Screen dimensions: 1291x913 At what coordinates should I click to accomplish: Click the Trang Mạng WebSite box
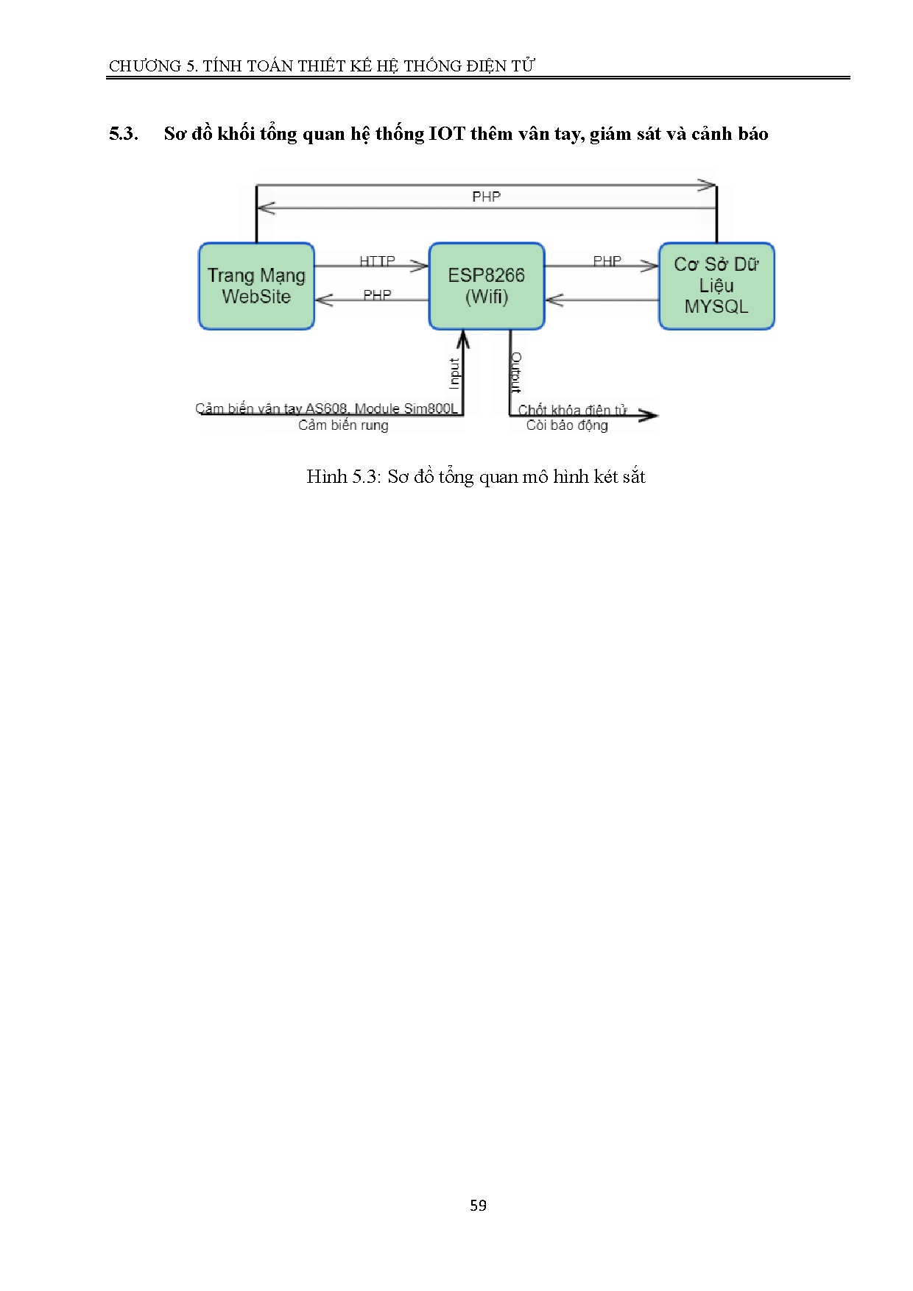tap(256, 286)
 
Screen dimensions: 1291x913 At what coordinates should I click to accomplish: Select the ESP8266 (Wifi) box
tap(486, 286)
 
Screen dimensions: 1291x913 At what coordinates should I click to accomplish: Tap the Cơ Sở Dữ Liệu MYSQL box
tap(716, 286)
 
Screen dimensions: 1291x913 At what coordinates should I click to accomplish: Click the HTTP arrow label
tap(377, 261)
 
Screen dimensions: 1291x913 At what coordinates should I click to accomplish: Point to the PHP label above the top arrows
tap(486, 197)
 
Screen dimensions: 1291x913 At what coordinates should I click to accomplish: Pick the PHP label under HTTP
tap(377, 295)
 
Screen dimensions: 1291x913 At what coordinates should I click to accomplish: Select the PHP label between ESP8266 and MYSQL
tap(607, 261)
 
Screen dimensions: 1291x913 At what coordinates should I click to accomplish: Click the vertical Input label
tap(454, 373)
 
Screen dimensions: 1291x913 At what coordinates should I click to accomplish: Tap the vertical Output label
tap(516, 372)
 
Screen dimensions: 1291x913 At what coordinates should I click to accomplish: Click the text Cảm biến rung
tap(343, 425)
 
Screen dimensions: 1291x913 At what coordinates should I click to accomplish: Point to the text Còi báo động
tap(567, 425)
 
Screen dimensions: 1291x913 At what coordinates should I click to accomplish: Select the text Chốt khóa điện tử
tap(572, 410)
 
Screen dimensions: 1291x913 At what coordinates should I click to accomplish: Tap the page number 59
tap(478, 1206)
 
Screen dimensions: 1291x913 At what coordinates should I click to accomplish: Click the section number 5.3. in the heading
tap(124, 134)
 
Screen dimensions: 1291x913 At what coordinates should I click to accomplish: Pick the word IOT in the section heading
tap(447, 134)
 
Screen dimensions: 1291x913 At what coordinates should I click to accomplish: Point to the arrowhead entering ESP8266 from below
tap(462, 339)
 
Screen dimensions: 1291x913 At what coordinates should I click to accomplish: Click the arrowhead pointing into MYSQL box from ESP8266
tap(650, 266)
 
